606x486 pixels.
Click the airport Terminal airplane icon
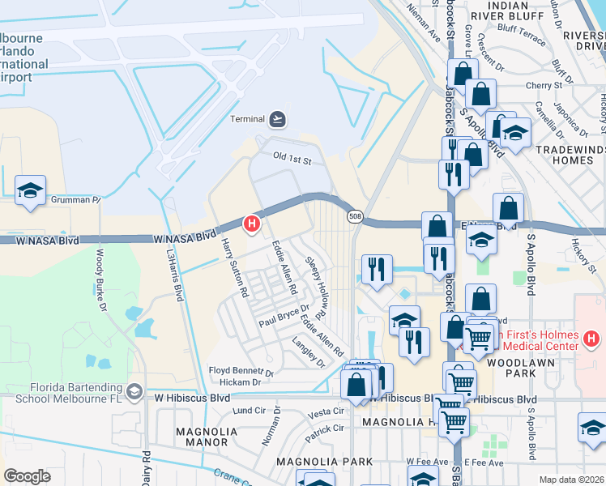pyautogui.click(x=278, y=119)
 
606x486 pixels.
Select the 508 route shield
pyautogui.click(x=355, y=216)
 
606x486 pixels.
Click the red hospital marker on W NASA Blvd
pyautogui.click(x=252, y=223)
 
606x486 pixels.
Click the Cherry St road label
pyautogui.click(x=544, y=85)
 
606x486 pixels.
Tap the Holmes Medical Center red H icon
pyautogui.click(x=591, y=337)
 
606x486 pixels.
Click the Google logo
pyautogui.click(x=27, y=475)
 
